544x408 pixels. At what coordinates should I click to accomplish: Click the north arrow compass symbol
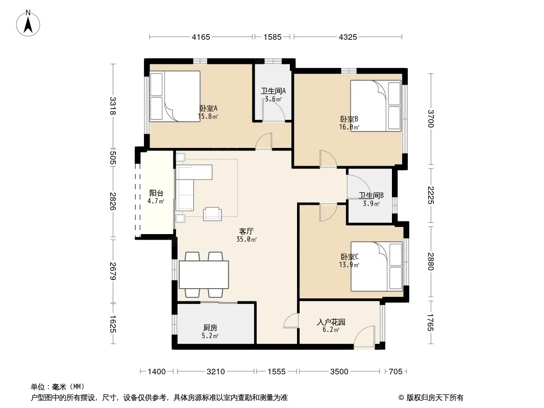tap(28, 23)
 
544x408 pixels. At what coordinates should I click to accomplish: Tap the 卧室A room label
tap(209, 109)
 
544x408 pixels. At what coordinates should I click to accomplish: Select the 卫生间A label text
tap(274, 91)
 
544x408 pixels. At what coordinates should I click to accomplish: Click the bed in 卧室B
tap(376, 106)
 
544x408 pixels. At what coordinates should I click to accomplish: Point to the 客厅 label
tap(246, 231)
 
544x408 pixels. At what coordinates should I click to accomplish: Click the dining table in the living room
tap(204, 274)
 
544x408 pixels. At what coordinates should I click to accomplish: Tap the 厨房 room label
tap(210, 327)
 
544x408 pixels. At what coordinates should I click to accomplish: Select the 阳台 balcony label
tap(156, 193)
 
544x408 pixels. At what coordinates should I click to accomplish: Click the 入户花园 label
tap(331, 322)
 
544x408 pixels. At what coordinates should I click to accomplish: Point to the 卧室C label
tap(350, 257)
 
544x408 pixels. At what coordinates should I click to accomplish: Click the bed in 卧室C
tap(377, 266)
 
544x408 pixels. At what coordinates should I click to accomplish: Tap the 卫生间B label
tap(371, 196)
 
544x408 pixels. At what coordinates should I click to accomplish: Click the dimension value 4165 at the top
tap(201, 37)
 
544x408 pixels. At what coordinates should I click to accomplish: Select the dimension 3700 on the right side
tap(431, 118)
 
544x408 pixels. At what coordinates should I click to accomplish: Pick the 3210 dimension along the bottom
tap(216, 372)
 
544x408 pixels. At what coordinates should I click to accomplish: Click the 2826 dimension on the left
tap(112, 201)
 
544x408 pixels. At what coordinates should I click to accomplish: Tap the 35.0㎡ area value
tap(246, 240)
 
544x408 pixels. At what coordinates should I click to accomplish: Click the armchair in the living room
tap(212, 214)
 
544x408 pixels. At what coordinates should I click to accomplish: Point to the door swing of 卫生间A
tap(274, 110)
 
